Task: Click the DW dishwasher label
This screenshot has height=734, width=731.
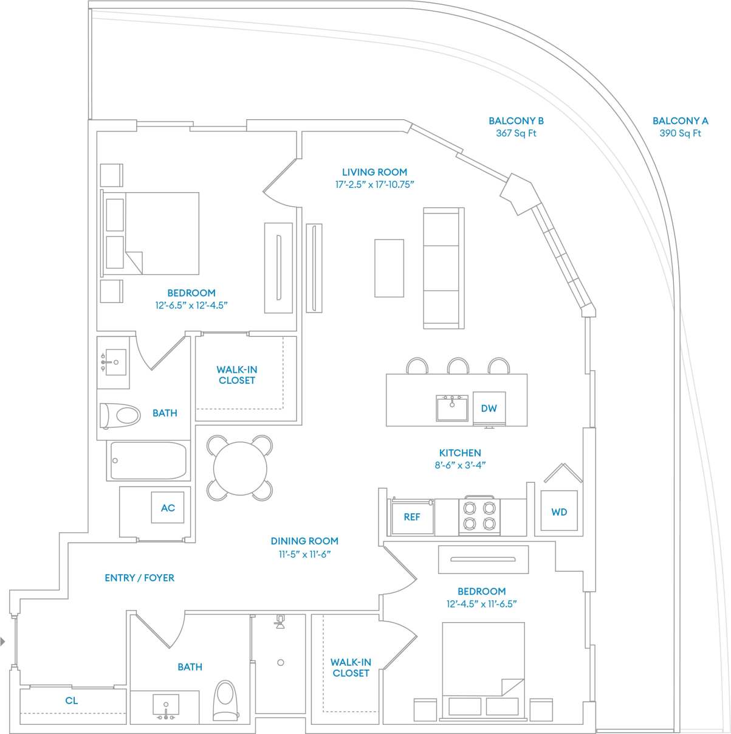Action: tap(489, 408)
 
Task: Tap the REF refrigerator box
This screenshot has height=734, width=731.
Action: tap(412, 517)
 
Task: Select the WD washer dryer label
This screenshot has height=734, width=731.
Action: tap(559, 512)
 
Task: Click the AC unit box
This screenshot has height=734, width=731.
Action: tap(168, 508)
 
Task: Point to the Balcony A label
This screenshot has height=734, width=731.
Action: tap(680, 121)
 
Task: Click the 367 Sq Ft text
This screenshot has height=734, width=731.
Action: tap(516, 133)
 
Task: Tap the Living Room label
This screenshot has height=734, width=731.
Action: tap(374, 172)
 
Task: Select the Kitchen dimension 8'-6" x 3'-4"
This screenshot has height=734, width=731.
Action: tap(460, 465)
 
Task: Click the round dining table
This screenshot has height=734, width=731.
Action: tap(240, 468)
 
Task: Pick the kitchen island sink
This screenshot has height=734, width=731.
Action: tap(451, 408)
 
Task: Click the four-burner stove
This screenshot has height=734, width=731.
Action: tap(479, 516)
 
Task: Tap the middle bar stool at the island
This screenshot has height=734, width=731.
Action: tap(458, 365)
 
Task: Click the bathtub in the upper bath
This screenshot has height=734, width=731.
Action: tap(148, 460)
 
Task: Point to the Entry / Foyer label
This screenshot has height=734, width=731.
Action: tap(139, 578)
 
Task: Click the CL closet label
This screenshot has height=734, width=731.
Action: tap(72, 701)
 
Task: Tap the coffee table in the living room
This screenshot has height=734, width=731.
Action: tap(389, 268)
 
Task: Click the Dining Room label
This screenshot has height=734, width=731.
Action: tap(304, 541)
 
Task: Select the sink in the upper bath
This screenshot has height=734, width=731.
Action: tap(115, 362)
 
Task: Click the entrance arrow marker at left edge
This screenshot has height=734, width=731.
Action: tap(3, 641)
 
